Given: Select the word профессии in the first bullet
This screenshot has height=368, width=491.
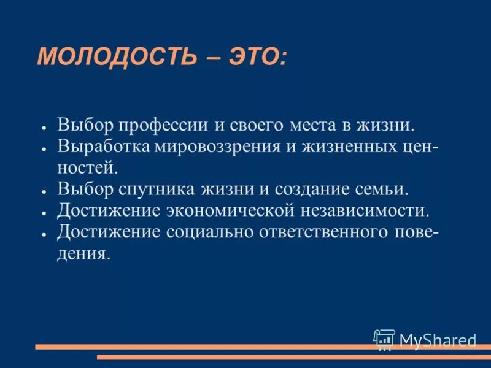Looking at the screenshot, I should click(161, 126).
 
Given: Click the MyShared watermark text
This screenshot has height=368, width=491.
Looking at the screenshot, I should click(438, 340).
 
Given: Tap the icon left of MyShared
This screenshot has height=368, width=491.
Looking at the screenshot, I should click(384, 339).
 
